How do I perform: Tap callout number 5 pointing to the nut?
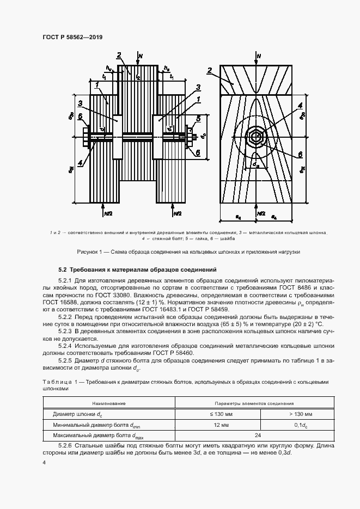coord(199,118)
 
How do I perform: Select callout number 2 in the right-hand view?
coord(210,71)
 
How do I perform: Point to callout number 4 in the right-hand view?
coord(300,106)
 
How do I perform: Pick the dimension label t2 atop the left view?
coord(138,78)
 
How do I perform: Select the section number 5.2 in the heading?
coord(63,269)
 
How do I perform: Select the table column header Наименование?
coord(109,403)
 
